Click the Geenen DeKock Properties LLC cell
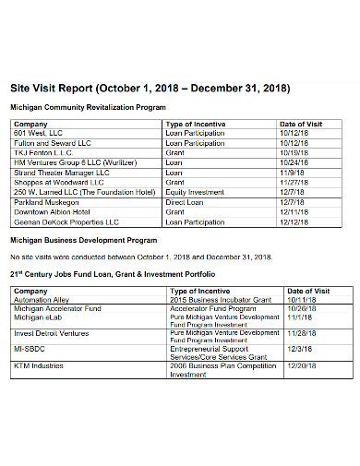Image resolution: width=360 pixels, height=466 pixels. coord(66,221)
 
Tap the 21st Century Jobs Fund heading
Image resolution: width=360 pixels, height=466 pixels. coord(112,274)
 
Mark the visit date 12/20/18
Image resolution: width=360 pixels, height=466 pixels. coord(304,365)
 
